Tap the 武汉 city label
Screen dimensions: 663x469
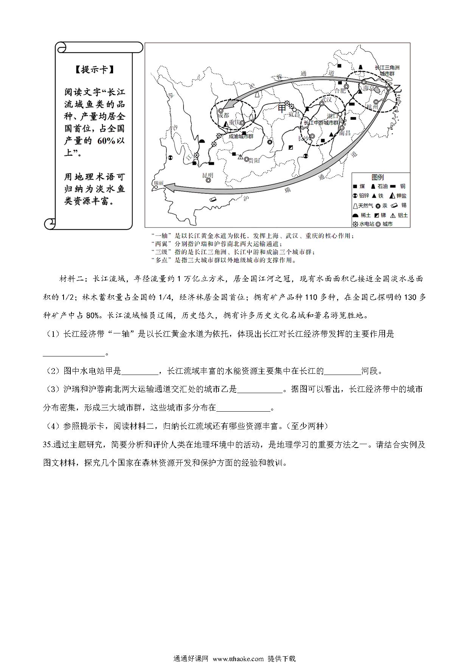coord(326,100)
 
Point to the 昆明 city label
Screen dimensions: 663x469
coord(208,175)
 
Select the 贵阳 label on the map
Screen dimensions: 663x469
coord(254,160)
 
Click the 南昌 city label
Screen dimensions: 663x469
coord(345,133)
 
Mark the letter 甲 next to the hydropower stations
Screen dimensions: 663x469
coord(282,108)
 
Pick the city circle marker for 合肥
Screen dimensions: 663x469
coord(346,87)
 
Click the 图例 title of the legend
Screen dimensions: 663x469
coord(377,177)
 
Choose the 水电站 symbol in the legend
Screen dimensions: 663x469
coord(355,224)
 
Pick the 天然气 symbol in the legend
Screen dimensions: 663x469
coord(355,206)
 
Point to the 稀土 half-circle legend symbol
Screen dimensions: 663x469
coord(355,215)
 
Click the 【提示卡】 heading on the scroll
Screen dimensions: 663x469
coord(94,70)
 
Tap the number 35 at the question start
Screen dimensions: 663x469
coord(47,445)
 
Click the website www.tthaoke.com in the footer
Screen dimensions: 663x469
coord(238,659)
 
